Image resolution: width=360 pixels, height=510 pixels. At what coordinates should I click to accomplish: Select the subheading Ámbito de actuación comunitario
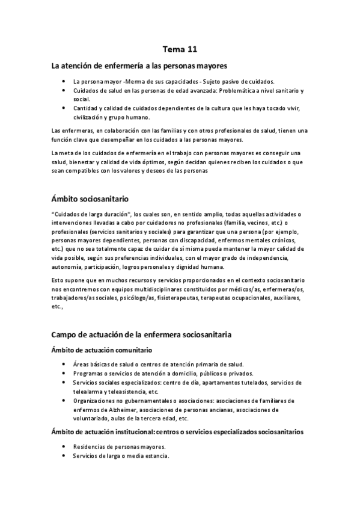102,349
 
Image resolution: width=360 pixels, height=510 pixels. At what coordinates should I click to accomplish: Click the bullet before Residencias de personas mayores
64,447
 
